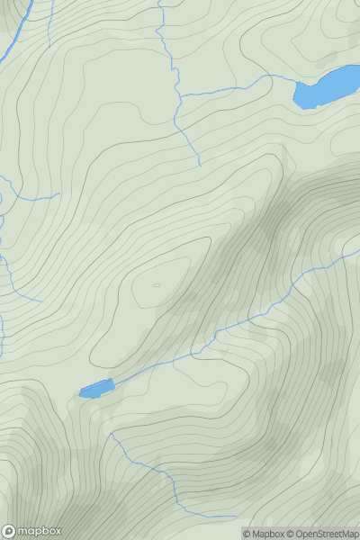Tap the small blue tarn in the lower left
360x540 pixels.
[97, 389]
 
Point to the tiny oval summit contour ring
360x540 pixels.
[157, 285]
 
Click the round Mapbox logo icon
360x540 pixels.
[9, 531]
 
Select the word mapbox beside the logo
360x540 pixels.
[40, 531]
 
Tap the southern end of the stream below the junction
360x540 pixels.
[199, 166]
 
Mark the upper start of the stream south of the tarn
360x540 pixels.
[111, 433]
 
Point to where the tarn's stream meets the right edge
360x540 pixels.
[359, 251]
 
